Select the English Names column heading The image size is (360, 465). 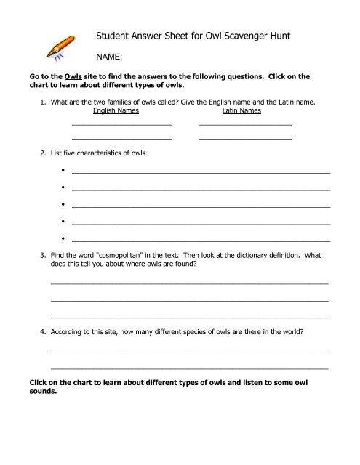tap(116, 113)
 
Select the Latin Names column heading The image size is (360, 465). tap(241, 113)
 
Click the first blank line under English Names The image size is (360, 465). tap(121, 125)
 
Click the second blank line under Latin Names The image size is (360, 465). tap(244, 137)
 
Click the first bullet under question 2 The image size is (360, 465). tap(64, 172)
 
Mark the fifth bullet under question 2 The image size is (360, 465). tap(64, 238)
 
